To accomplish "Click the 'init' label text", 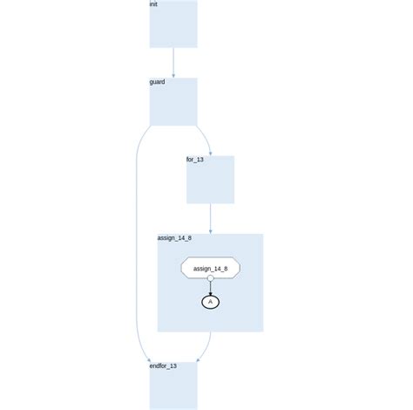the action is tap(153, 4).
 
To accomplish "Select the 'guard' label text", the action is tap(157, 82).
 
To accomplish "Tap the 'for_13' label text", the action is tap(195, 160).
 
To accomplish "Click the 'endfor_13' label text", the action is tap(163, 366).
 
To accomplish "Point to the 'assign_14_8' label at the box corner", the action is tap(174, 238).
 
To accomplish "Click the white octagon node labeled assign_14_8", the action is tap(211, 268).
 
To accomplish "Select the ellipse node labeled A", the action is tap(211, 302).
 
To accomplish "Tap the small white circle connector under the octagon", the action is tap(211, 278).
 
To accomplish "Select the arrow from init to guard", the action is tap(173, 63).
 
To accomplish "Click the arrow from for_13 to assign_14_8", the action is tap(211, 219).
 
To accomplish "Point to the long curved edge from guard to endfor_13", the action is tap(136, 244).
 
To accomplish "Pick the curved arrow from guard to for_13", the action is tap(206, 138).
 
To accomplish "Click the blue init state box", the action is tap(173, 24).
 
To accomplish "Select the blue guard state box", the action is tap(173, 102).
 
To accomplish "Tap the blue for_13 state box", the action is tap(210, 180).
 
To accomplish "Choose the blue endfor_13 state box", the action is tap(173, 386).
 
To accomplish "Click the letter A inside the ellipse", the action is tap(211, 302).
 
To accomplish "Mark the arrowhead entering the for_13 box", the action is tap(211, 154).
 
